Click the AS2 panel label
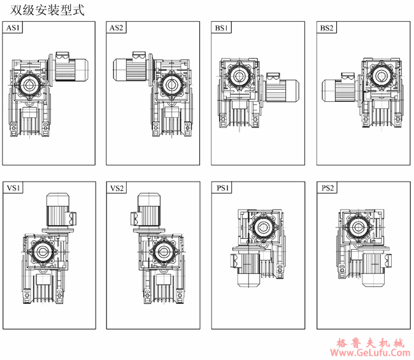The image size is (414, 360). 117,28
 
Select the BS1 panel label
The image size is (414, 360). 222,28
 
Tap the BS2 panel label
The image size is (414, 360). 326,28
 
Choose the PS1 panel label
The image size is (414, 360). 222,188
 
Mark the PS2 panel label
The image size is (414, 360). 327,188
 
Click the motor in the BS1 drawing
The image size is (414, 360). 280,92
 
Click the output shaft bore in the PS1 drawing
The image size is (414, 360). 261,226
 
